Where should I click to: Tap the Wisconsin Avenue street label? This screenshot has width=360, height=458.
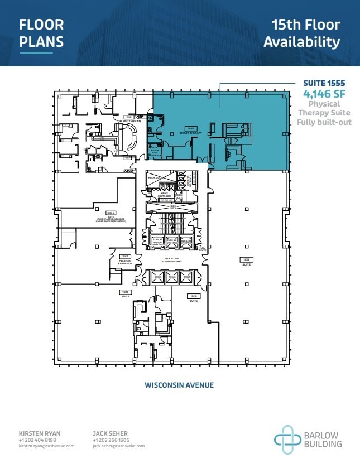point(179,385)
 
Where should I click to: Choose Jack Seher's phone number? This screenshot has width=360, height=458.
point(112,440)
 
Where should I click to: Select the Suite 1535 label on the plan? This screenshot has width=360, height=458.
point(246,260)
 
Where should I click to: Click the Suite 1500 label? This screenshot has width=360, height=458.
point(126,293)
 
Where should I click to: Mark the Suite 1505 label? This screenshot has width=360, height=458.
point(194,297)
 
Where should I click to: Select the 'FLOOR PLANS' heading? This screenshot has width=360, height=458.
point(41,33)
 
